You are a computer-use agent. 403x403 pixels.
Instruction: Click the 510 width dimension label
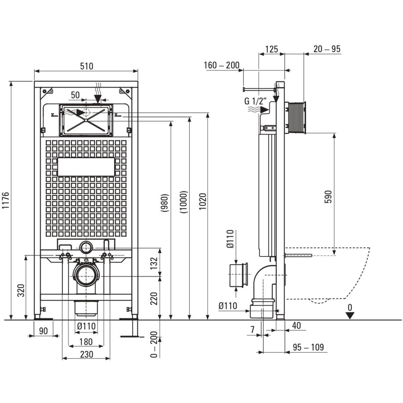[86, 66]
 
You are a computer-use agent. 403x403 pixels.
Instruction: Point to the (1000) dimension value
[184, 203]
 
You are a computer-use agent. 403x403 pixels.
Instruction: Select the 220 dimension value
[153, 298]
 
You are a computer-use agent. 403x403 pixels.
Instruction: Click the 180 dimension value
[86, 342]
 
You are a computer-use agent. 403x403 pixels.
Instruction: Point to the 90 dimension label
[44, 331]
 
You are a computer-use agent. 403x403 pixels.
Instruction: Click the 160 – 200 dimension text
[222, 65]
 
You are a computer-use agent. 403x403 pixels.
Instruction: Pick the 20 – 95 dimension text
[327, 49]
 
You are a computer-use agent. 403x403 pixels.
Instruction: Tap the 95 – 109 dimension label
[308, 347]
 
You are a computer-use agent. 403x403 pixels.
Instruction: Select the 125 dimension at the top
[271, 49]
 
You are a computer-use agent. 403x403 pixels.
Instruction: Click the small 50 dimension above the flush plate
[75, 95]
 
